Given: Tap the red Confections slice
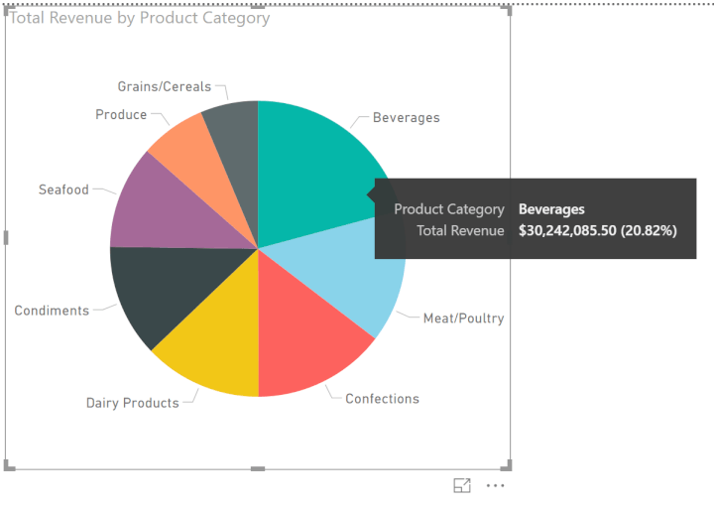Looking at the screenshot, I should point(307,342).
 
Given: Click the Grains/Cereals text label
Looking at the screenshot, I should point(165,86).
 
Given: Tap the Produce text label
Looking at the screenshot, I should point(121,115).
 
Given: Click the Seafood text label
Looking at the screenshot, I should point(63,190).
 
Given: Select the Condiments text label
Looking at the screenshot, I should point(52,311).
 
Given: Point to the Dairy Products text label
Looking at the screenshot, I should point(132,403).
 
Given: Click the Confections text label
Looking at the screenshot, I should point(382,399).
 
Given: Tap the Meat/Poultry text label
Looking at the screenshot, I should point(463,318).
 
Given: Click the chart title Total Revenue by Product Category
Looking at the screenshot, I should point(140,18).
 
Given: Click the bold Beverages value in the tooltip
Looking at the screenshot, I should point(551,209).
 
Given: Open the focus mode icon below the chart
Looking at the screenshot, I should point(462,485).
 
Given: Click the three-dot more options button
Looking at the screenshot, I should point(496,485).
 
